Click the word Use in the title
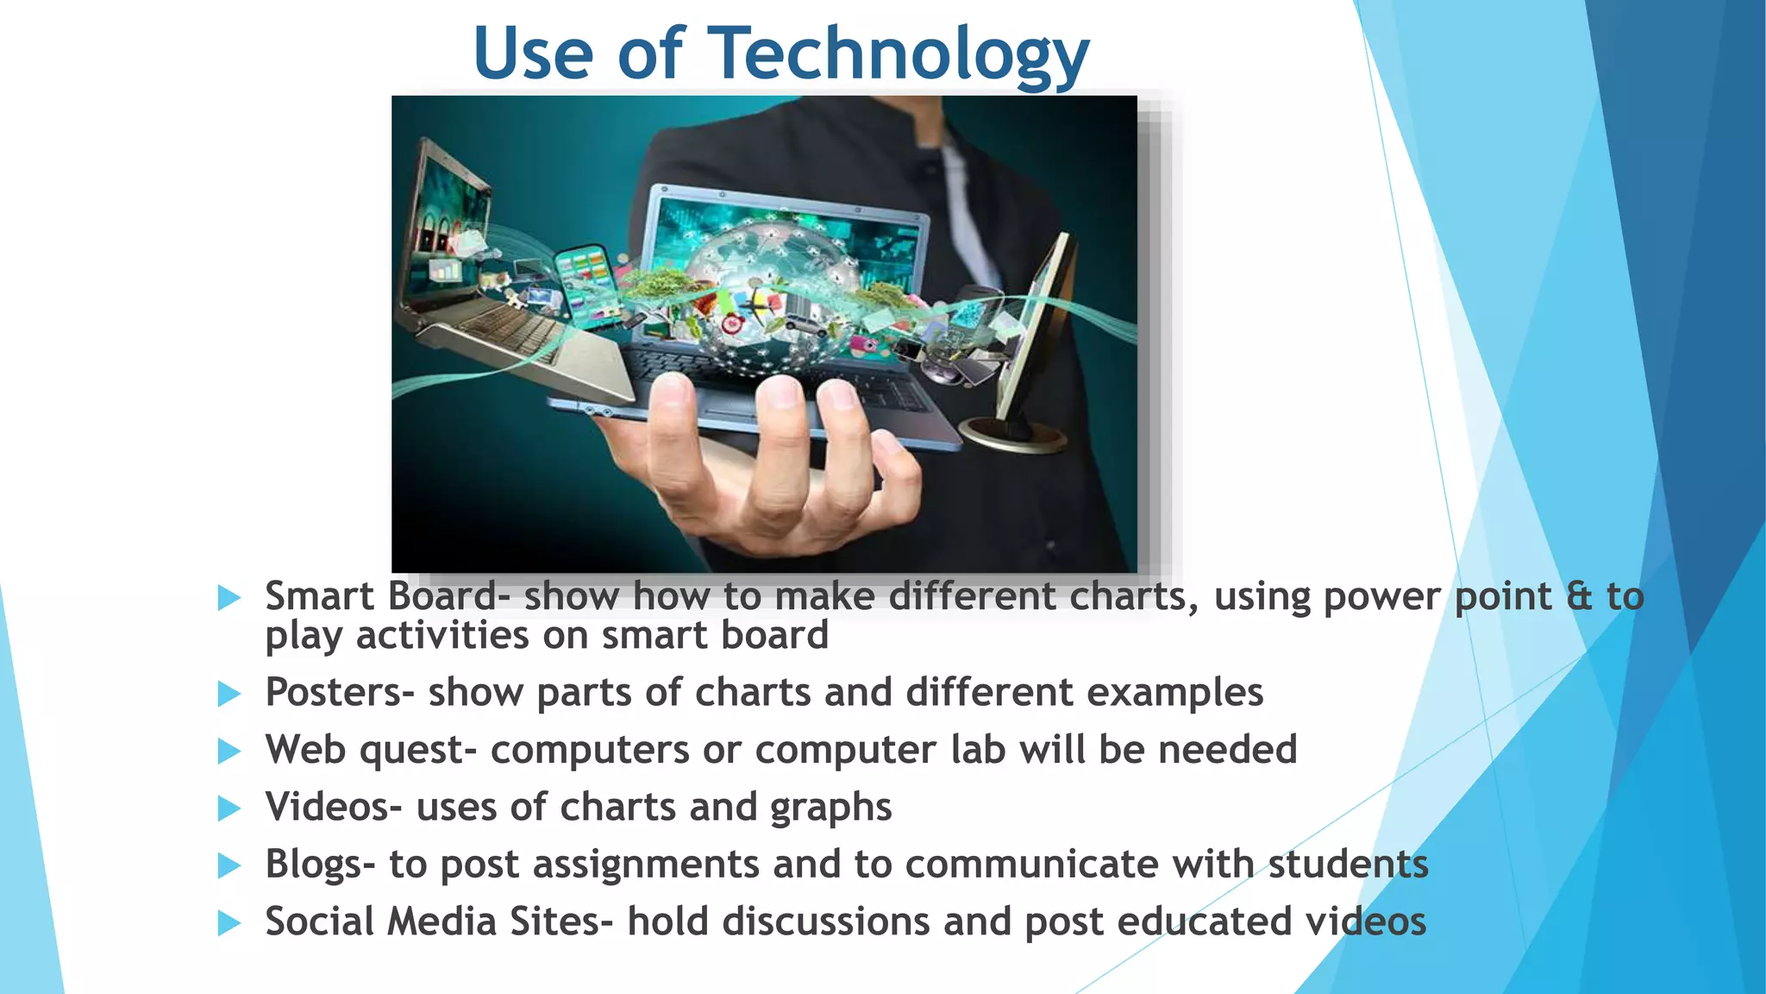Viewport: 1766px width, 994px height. click(x=533, y=53)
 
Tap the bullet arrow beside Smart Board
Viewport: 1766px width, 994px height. click(x=229, y=597)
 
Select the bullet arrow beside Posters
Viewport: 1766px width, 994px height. click(x=229, y=693)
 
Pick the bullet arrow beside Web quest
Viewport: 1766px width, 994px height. click(x=229, y=751)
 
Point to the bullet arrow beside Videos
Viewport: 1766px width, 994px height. click(x=229, y=808)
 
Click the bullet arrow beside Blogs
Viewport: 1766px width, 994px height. click(x=229, y=865)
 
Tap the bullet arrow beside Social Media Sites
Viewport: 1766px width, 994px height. click(x=229, y=923)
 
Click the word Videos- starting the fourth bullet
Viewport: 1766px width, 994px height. click(x=333, y=808)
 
